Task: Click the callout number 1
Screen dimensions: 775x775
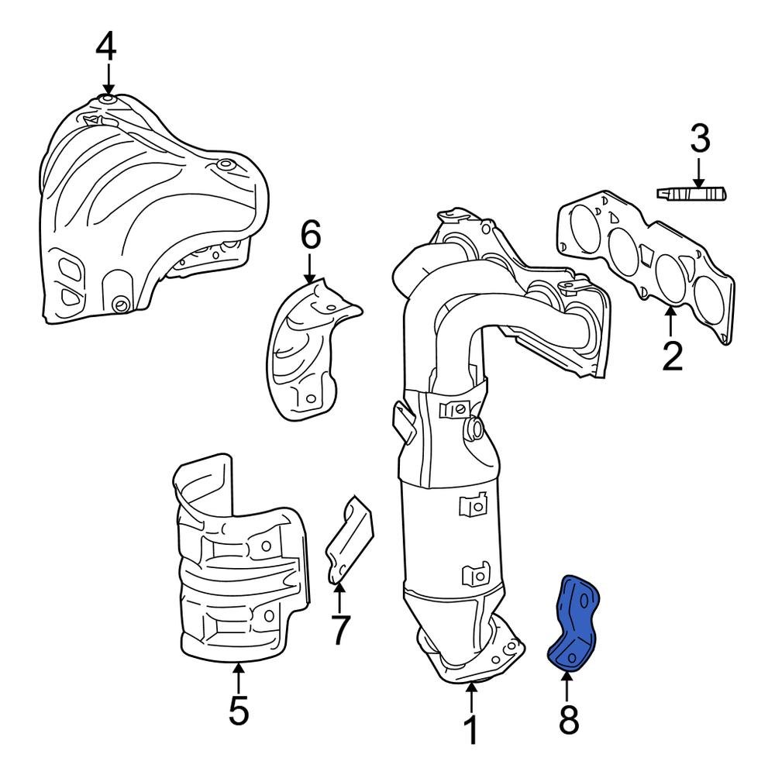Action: click(470, 731)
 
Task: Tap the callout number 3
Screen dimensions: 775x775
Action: click(699, 140)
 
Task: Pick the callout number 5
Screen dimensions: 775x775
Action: click(239, 710)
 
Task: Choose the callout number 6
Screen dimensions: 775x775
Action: click(310, 236)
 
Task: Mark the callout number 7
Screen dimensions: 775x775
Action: click(340, 629)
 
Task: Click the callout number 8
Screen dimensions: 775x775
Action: click(568, 721)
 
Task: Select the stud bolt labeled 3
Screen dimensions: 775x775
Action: click(691, 193)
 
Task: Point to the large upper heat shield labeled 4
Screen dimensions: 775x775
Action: click(147, 209)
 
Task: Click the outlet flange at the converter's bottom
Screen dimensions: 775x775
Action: click(473, 659)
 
